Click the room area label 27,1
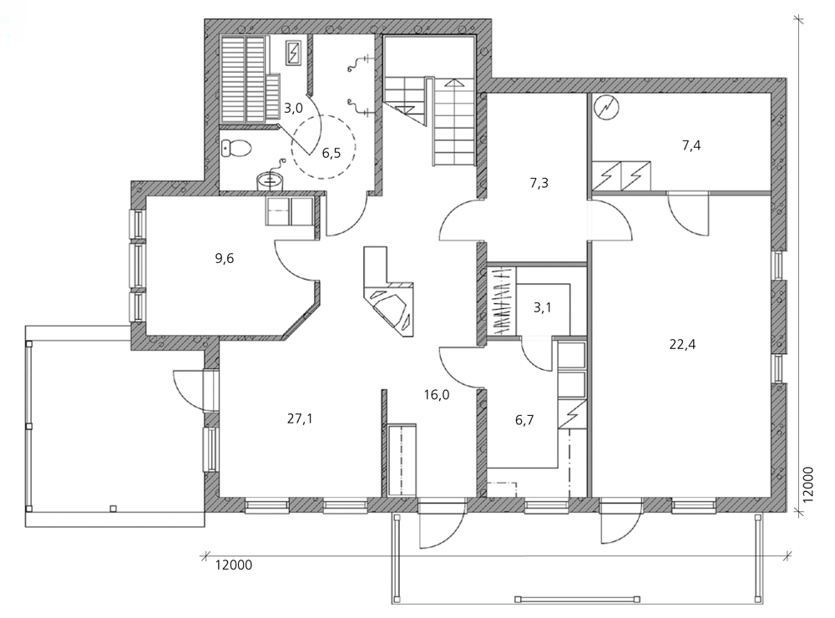[x=300, y=419]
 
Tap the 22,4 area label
[x=682, y=345]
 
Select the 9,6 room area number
[x=224, y=259]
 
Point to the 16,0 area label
[x=437, y=395]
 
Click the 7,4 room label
[x=691, y=145]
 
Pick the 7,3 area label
[x=539, y=183]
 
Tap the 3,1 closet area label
[x=542, y=307]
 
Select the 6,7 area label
[x=524, y=420]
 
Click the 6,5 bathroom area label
[x=331, y=154]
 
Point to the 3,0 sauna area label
[x=293, y=109]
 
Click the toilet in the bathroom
[x=235, y=148]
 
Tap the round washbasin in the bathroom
[x=270, y=180]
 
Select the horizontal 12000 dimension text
[x=234, y=565]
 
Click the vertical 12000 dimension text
[x=808, y=485]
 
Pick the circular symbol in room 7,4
[x=606, y=108]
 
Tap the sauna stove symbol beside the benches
[x=294, y=53]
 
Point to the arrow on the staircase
[x=454, y=84]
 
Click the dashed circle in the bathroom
[x=323, y=147]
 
